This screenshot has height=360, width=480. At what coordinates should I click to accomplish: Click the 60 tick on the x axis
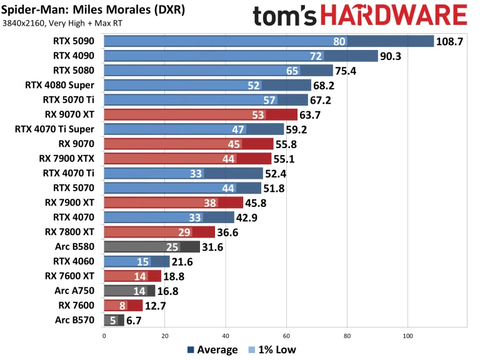(286, 334)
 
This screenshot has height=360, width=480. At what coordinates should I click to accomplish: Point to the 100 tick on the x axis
(407, 334)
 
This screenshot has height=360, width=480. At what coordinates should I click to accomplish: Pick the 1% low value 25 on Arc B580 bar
(173, 247)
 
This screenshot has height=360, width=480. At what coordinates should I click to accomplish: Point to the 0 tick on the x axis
(104, 334)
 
